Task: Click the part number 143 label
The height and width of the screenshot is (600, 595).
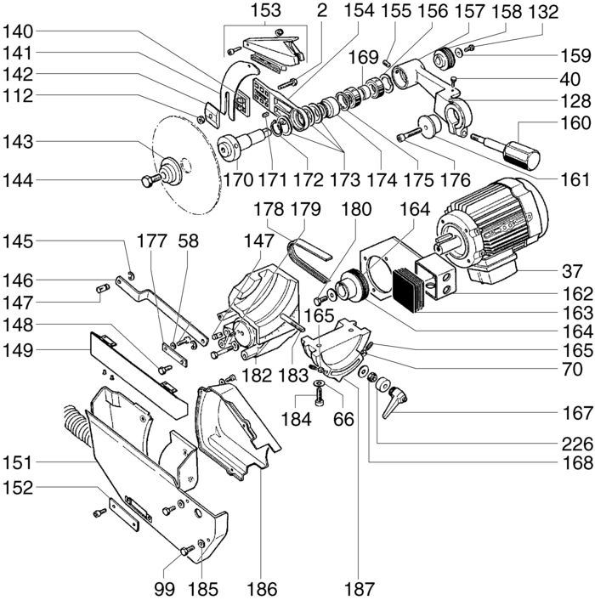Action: coord(18,142)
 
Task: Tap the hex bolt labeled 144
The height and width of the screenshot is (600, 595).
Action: coord(150,180)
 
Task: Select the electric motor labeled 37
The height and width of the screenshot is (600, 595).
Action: coord(492,230)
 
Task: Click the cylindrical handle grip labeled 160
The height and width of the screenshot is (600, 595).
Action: coord(521,156)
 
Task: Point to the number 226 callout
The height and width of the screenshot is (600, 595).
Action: coord(577,444)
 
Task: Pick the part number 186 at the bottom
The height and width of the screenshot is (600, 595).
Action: coord(262,589)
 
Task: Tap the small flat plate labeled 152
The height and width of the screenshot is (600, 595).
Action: coord(124,514)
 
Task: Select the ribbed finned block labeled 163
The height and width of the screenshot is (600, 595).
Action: coord(409,289)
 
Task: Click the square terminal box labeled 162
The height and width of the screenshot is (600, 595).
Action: coord(436,275)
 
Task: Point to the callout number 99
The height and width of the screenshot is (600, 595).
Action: coord(165,589)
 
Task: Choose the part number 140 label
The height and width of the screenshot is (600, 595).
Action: coord(18,31)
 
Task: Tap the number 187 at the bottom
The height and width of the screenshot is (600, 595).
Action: coord(359,589)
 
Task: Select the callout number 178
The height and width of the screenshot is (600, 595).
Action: coord(269,209)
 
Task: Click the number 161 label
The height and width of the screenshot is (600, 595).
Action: coord(575,179)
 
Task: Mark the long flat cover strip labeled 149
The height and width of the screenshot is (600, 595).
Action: coord(139,374)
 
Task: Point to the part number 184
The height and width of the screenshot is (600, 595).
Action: coord(296,419)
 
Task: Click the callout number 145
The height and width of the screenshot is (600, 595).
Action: coord(18,241)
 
